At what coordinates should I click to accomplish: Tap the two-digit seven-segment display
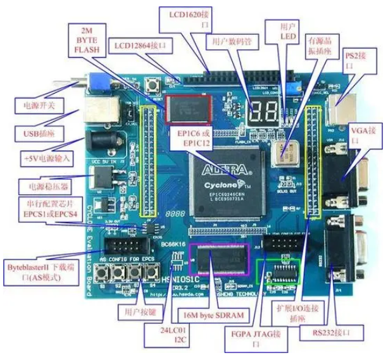coord(265,111)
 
